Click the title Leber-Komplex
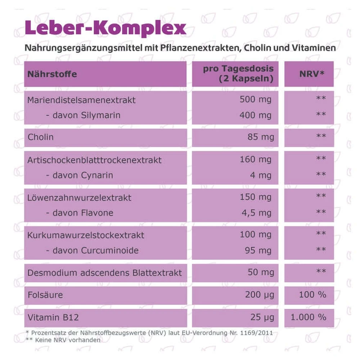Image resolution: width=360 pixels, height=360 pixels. click(x=105, y=28)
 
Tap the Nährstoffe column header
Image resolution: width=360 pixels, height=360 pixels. click(x=52, y=74)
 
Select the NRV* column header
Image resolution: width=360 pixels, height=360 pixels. click(x=312, y=74)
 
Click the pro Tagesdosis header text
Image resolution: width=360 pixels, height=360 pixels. click(x=238, y=68)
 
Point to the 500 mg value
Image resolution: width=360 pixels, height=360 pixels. click(x=256, y=100)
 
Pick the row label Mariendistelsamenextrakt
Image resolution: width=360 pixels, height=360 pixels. click(x=81, y=100)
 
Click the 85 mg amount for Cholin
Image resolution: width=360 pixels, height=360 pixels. click(x=261, y=137)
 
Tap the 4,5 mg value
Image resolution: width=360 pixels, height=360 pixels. click(x=256, y=213)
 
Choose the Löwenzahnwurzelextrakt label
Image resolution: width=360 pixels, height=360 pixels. click(x=79, y=198)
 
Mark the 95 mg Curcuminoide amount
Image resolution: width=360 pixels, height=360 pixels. click(x=258, y=251)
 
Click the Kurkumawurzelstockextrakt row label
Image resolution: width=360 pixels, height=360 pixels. click(x=86, y=235)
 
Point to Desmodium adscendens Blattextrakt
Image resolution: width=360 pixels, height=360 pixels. click(x=104, y=273)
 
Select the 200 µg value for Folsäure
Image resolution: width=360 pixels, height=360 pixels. click(x=260, y=295)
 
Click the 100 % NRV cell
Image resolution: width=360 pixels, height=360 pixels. click(x=312, y=294)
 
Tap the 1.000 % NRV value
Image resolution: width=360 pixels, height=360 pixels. click(x=309, y=317)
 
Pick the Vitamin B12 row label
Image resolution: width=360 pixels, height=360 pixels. click(x=53, y=317)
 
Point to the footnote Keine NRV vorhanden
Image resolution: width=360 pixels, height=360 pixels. click(x=68, y=340)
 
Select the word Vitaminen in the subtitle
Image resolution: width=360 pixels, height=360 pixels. click(x=314, y=48)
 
